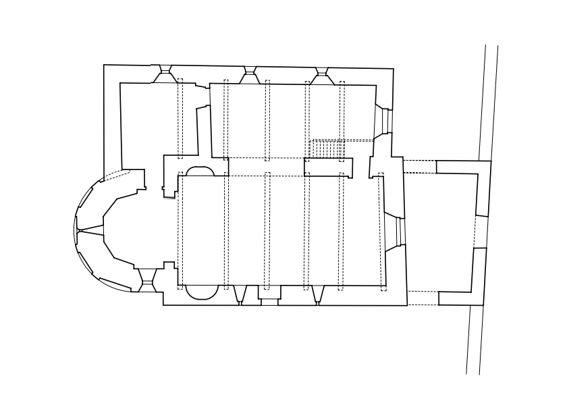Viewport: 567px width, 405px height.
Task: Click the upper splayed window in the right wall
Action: click(x=384, y=121)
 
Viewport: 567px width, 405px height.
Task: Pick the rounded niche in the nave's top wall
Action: click(x=200, y=171)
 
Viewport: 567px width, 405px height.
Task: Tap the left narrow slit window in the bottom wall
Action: click(x=240, y=295)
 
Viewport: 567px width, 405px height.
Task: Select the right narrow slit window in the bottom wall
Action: click(x=317, y=295)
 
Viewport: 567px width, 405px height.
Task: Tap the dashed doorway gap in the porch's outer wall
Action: click(x=481, y=232)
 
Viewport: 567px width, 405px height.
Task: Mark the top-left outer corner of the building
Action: click(x=104, y=65)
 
